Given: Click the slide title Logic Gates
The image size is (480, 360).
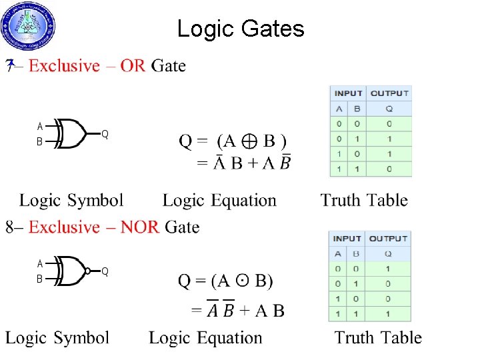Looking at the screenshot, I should click(x=240, y=29).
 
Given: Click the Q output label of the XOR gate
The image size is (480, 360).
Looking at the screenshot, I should click(x=105, y=134).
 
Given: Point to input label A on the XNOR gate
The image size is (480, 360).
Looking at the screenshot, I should click(x=40, y=263).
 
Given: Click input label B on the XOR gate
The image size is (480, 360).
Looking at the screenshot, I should click(x=39, y=142).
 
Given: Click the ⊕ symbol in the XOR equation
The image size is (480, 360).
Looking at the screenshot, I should click(x=251, y=141).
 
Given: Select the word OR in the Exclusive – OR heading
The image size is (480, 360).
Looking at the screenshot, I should click(x=133, y=66).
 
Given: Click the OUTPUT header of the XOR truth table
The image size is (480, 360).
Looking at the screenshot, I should click(x=389, y=93).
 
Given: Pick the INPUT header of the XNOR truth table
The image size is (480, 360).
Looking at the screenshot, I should click(x=347, y=239).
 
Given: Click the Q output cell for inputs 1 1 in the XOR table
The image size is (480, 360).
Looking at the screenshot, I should click(x=389, y=169).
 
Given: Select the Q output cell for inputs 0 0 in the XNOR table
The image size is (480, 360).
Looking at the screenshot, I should click(x=388, y=269).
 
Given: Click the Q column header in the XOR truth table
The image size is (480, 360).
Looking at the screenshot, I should click(x=389, y=109).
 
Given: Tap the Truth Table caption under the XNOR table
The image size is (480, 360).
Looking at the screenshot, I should click(x=378, y=338).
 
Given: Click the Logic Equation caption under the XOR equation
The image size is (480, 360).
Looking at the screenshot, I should click(x=219, y=200).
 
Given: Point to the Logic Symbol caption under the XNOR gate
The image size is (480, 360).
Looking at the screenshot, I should click(x=57, y=338).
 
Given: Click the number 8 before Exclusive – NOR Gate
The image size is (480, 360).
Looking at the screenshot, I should click(x=9, y=227).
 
